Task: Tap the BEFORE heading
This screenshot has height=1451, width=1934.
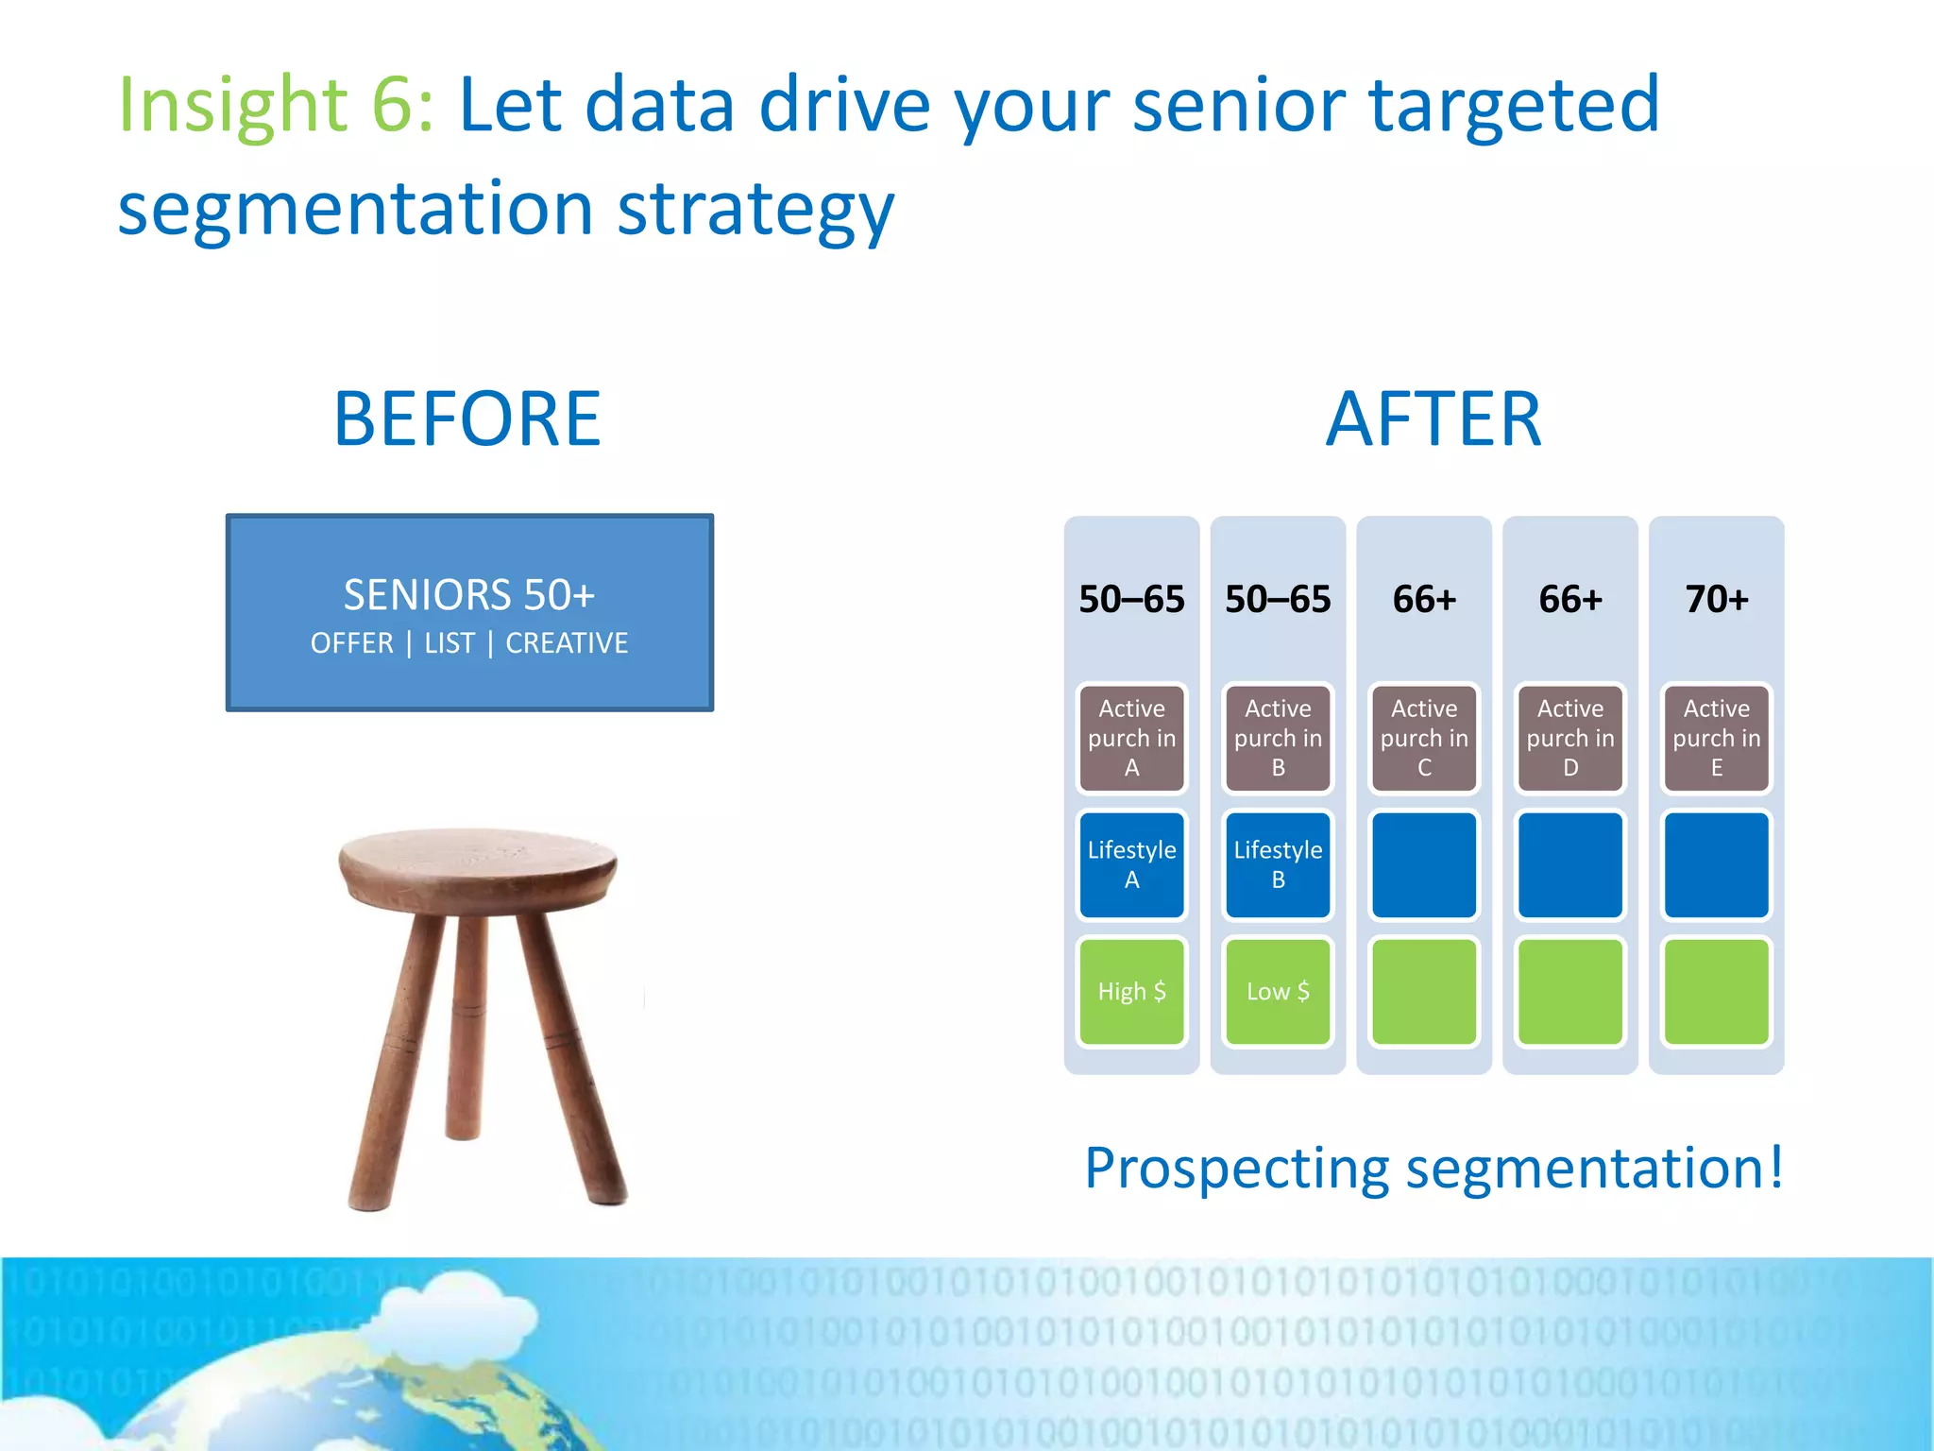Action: [x=467, y=418]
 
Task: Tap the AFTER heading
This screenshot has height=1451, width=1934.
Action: [x=1433, y=418]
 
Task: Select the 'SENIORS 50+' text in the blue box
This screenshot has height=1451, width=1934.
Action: [x=469, y=595]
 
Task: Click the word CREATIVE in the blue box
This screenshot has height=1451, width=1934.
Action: [x=567, y=643]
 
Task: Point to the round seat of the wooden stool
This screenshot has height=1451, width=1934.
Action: [x=478, y=864]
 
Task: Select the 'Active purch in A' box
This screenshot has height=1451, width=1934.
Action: [x=1131, y=738]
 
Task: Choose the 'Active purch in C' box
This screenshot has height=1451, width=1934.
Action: [x=1424, y=738]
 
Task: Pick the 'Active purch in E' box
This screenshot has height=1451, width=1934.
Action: [x=1716, y=738]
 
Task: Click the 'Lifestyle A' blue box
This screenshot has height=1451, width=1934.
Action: [x=1131, y=864]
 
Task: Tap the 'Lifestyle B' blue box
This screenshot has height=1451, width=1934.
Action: [x=1278, y=864]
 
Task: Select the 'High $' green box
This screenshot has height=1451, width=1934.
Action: [x=1131, y=991]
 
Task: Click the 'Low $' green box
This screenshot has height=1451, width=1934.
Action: [x=1278, y=991]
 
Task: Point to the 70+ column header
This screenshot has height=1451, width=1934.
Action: [x=1716, y=599]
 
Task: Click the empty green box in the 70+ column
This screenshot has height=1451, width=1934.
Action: [x=1716, y=991]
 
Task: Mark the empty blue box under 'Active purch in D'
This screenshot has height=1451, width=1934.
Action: [x=1569, y=864]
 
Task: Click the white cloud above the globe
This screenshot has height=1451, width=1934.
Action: [x=453, y=1313]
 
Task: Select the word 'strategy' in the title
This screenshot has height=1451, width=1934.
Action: [x=755, y=210]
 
